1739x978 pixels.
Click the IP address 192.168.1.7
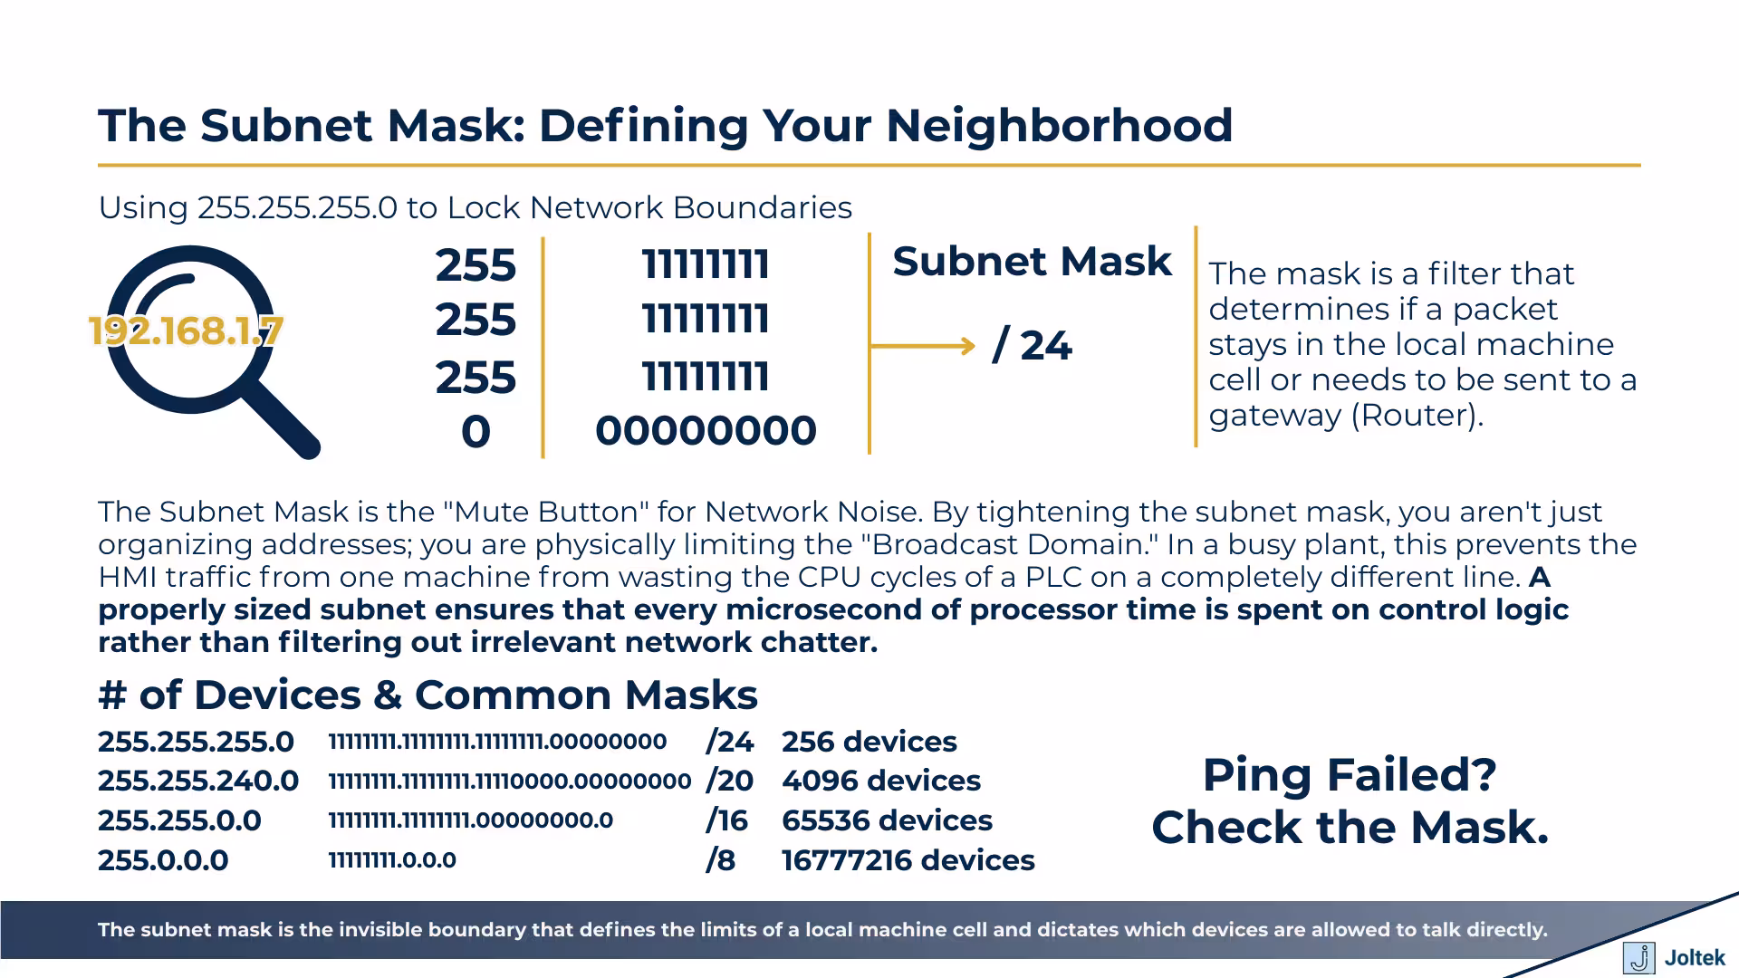click(186, 331)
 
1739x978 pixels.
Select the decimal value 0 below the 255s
click(476, 432)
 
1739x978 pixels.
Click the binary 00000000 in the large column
click(706, 431)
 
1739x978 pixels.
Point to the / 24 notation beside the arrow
click(1033, 346)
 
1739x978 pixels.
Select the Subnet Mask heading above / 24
click(1032, 262)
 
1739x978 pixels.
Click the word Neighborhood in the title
click(1059, 126)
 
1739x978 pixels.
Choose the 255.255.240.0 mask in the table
click(198, 781)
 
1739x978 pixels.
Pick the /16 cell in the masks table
click(726, 820)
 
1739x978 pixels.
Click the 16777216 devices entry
click(908, 860)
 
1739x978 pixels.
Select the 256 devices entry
click(869, 742)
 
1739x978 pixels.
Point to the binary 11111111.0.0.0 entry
click(392, 860)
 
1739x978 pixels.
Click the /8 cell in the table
click(720, 860)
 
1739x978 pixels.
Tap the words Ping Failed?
click(1349, 775)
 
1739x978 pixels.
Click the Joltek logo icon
click(1638, 958)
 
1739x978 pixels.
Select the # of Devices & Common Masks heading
click(428, 695)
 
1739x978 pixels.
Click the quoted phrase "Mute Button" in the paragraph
click(546, 513)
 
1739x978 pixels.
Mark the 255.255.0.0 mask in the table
click(179, 820)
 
